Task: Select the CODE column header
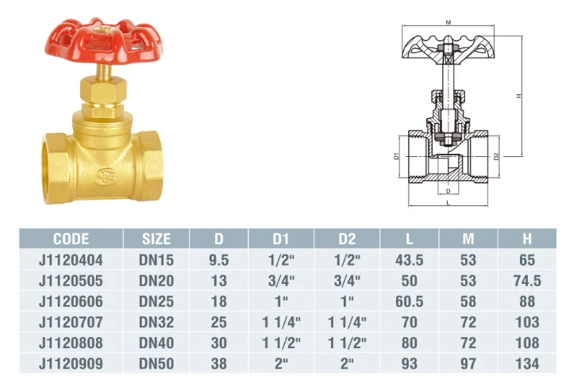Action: click(x=71, y=239)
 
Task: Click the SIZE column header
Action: click(x=156, y=239)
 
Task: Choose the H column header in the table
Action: click(x=527, y=239)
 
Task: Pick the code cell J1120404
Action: click(x=71, y=260)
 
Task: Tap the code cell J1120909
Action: click(x=71, y=364)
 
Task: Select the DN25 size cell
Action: click(x=156, y=302)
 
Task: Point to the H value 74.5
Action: click(x=527, y=281)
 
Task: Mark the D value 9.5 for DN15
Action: click(x=218, y=260)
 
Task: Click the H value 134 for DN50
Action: click(x=527, y=364)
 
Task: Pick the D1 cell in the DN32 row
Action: click(x=282, y=323)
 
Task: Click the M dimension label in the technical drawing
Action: click(x=448, y=23)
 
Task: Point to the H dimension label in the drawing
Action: click(x=518, y=96)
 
